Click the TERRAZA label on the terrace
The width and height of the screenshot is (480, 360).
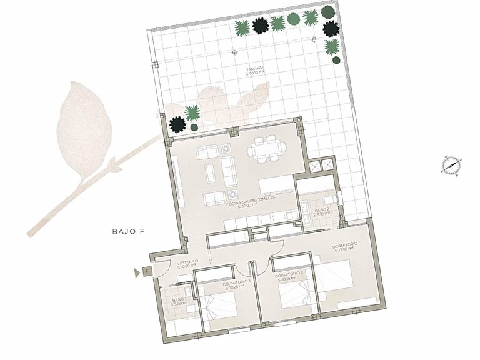255,69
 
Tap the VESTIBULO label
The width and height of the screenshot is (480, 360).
187,261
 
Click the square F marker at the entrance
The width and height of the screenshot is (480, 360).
146,271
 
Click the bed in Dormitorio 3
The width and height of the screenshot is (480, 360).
219,307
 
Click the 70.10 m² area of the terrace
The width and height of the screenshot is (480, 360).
255,73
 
